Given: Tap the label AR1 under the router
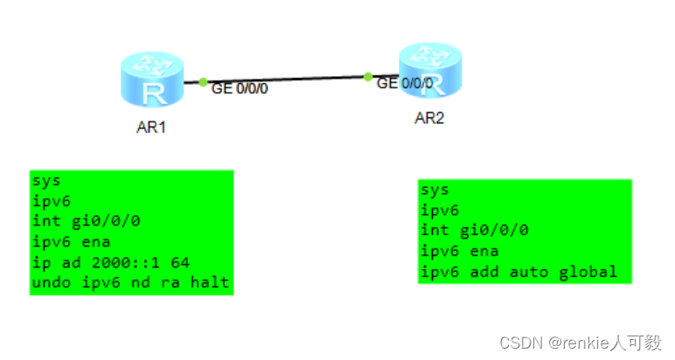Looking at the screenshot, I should [151, 128].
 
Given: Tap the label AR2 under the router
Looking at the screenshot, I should [429, 118].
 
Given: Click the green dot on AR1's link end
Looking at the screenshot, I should [203, 82].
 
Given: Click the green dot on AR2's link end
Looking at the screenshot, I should [368, 76].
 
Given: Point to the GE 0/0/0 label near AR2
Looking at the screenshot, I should [405, 84].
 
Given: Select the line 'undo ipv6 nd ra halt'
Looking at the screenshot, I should [131, 282].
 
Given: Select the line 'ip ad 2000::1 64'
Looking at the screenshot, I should [111, 262].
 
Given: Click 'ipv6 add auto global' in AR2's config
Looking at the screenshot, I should [519, 272].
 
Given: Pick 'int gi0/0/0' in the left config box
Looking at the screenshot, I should [82, 222].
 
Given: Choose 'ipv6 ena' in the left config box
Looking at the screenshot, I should [72, 242].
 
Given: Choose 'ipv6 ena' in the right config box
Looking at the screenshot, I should [462, 251].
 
